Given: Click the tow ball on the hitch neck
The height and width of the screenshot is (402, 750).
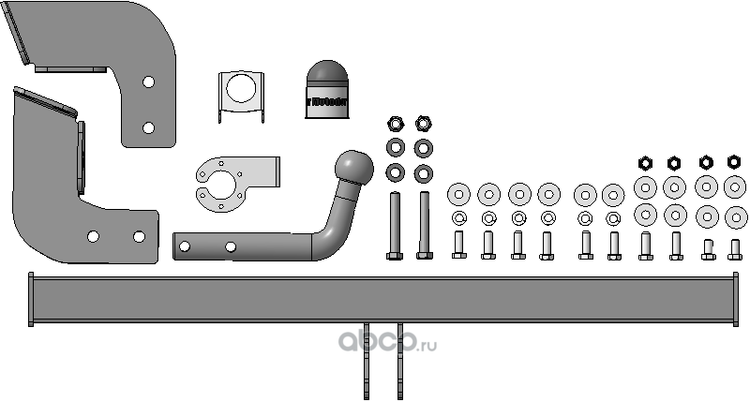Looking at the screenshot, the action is point(357,167).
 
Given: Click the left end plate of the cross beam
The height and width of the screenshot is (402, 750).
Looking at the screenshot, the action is point(31,300).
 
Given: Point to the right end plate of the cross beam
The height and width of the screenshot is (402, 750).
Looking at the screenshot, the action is point(734,300).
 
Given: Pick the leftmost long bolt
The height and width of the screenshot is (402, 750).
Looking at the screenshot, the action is point(394,225).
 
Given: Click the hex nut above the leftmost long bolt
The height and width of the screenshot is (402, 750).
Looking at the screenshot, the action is point(395,123).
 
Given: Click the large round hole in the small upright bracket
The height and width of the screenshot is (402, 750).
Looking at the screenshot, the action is point(239,89).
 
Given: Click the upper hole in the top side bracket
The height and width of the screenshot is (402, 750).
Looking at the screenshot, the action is point(148,82).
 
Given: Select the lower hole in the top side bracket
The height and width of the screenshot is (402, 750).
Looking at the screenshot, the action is point(148,127).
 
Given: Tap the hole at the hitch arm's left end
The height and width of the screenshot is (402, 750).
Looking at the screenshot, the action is point(185,247).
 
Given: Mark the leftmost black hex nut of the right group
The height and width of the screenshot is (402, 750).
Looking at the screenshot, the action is point(645,162).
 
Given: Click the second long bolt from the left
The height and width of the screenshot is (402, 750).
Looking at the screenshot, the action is point(424,225).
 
